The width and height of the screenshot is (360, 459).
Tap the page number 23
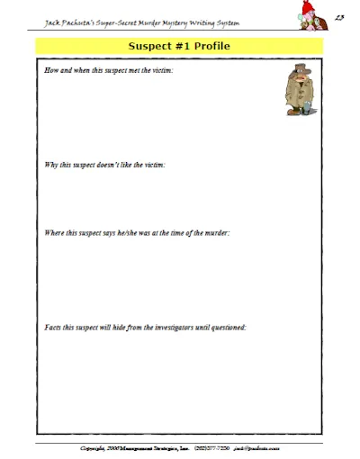click(338, 15)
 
